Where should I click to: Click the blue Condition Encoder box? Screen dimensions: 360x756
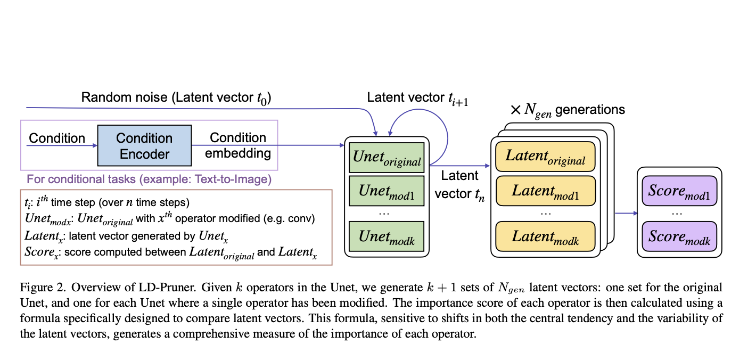pyautogui.click(x=144, y=146)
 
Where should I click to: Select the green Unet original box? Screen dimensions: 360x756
pyautogui.click(x=386, y=158)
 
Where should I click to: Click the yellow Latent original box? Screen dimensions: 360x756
pyautogui.click(x=545, y=157)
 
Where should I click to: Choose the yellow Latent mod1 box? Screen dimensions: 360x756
pyautogui.click(x=545, y=191)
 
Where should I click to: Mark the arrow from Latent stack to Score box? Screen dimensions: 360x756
pyautogui.click(x=626, y=214)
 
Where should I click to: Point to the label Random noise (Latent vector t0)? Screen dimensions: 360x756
pyautogui.click(x=176, y=97)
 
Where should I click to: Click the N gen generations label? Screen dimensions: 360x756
pyautogui.click(x=568, y=110)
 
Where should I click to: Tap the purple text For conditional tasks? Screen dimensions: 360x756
pyautogui.click(x=149, y=179)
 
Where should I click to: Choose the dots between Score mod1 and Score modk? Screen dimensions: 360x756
pyautogui.click(x=677, y=213)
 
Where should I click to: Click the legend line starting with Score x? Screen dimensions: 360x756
pyautogui.click(x=170, y=252)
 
